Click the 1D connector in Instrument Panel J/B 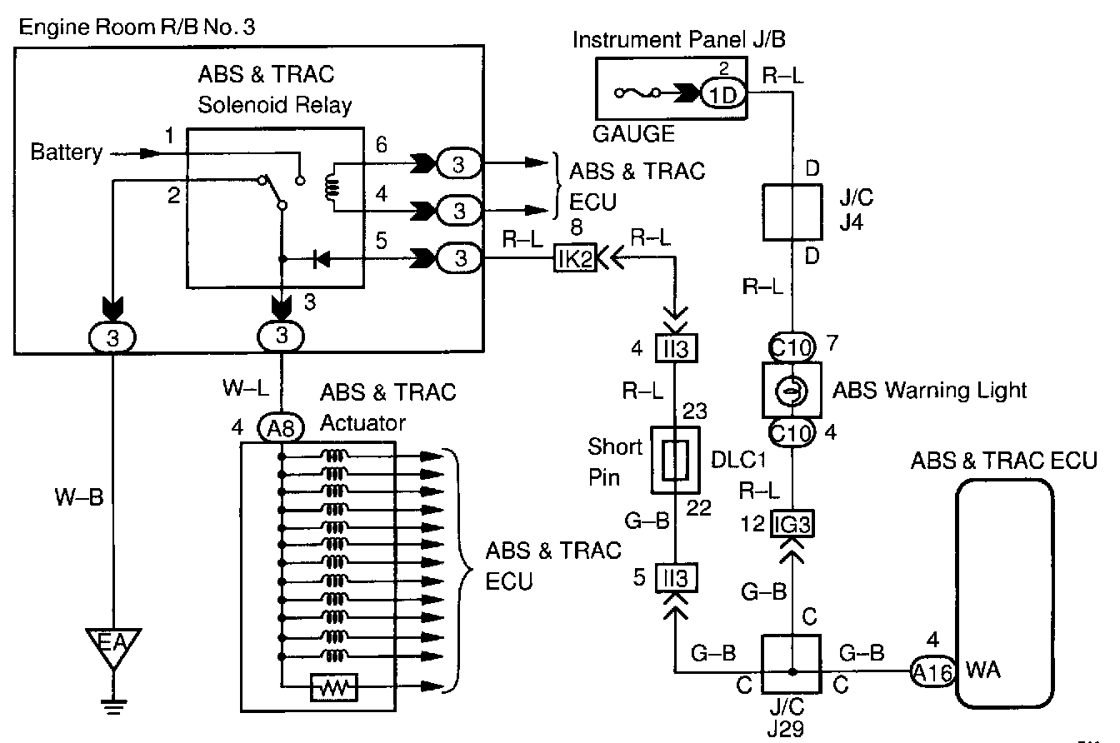(x=721, y=93)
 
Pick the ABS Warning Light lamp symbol (x=792, y=389)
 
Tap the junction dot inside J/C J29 (x=792, y=670)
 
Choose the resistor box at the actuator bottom (x=333, y=686)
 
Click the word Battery (x=66, y=152)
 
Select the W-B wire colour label (x=78, y=498)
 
